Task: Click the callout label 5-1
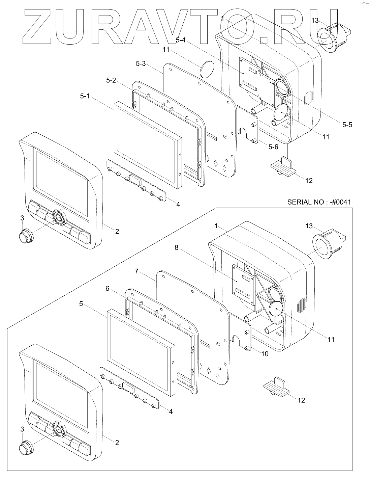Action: click(85, 96)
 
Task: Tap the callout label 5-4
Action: click(181, 40)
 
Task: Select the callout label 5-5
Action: click(347, 125)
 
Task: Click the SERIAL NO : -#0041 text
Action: click(319, 202)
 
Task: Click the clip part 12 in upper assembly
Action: click(282, 166)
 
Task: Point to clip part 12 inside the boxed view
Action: click(276, 387)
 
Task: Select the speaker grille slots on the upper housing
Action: click(307, 97)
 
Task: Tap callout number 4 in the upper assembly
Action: click(178, 204)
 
